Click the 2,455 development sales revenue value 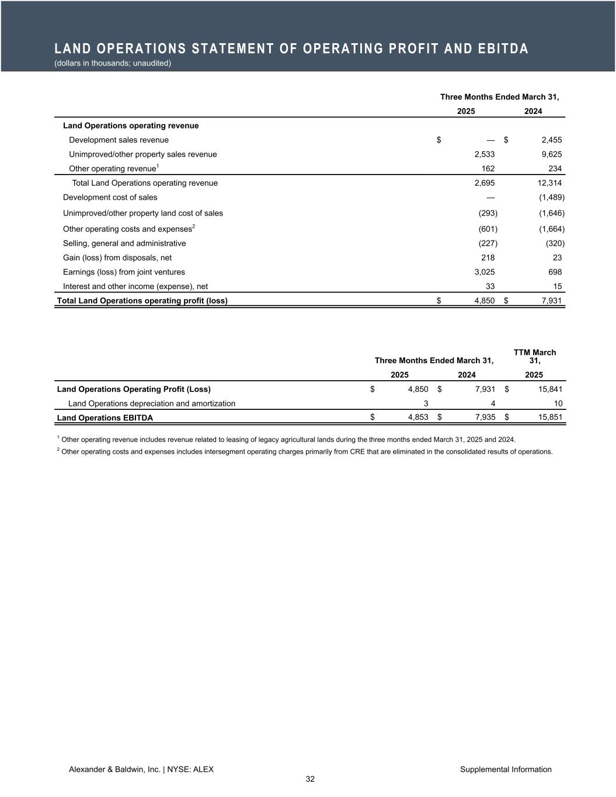(x=551, y=140)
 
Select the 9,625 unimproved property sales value (x=551, y=154)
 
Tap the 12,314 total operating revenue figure (x=549, y=183)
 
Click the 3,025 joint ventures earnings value (x=485, y=272)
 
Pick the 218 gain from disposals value (x=488, y=257)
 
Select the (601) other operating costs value (x=488, y=228)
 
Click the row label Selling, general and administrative (x=124, y=243)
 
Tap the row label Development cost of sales (x=110, y=197)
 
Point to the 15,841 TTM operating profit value (x=550, y=389)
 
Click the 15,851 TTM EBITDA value (x=550, y=417)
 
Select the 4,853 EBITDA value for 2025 (x=418, y=417)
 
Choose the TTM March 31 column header (x=534, y=356)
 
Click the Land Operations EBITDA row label (x=105, y=417)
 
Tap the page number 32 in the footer (x=310, y=779)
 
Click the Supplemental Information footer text (x=506, y=770)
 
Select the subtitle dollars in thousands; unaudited (x=112, y=63)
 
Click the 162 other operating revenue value (x=488, y=169)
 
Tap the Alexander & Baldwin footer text (x=141, y=770)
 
